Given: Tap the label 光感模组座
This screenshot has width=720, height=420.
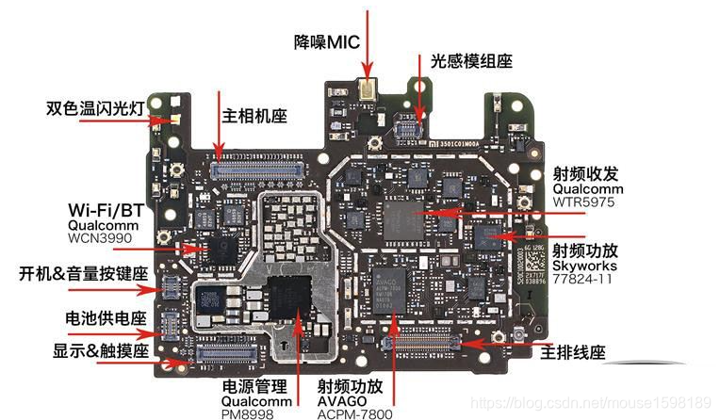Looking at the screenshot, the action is coord(471,61).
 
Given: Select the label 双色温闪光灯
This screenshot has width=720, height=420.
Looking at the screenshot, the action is coord(94,106).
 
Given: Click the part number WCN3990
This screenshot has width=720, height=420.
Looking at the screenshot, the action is coord(100,239).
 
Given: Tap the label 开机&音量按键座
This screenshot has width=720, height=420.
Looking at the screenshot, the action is coord(84,275).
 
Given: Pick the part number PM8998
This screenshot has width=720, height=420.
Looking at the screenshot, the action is coord(249,412).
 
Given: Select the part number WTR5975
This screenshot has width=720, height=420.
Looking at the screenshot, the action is coord(585,202).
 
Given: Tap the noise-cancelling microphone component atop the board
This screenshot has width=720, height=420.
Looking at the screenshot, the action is coord(365,91).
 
